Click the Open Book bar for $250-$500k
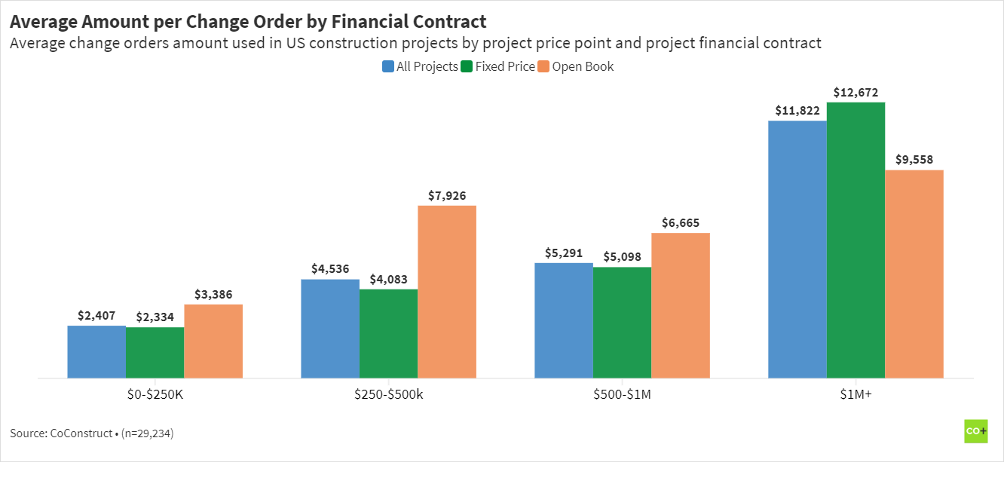click(447, 292)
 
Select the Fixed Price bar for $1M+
click(856, 240)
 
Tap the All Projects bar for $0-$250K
click(96, 352)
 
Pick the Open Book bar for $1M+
click(914, 274)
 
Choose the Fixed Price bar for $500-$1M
click(622, 323)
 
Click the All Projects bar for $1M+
click(797, 250)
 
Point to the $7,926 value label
click(447, 196)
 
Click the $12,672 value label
click(856, 93)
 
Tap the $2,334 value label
click(155, 317)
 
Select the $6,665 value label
click(681, 223)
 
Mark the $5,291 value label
click(564, 253)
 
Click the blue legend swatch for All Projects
click(388, 66)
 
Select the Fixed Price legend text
click(505, 66)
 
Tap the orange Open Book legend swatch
click(543, 66)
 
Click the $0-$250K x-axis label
click(155, 394)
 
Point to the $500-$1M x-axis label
click(622, 394)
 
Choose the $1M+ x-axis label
click(856, 394)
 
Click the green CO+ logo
click(976, 430)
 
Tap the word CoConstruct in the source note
click(81, 433)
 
